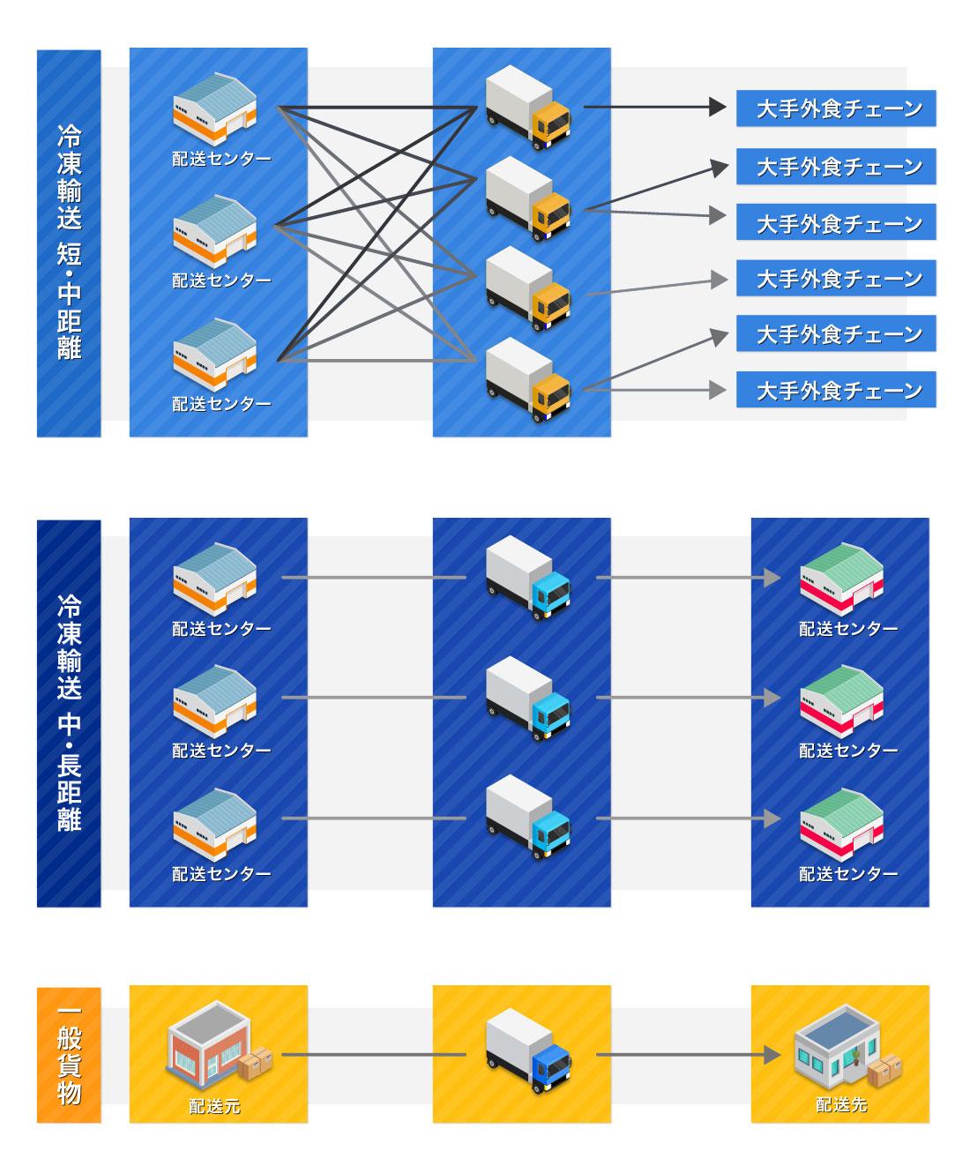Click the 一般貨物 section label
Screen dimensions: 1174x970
pyautogui.click(x=69, y=1054)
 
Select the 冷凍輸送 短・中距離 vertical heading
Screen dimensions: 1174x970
pyautogui.click(x=69, y=243)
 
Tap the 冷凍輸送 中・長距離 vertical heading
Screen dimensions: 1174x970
pyautogui.click(x=69, y=713)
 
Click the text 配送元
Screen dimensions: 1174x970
pyautogui.click(x=214, y=1105)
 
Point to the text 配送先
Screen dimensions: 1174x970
pyautogui.click(x=841, y=1104)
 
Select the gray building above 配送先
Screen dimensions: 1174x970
pyautogui.click(x=832, y=1053)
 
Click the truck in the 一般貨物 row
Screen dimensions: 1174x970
pyautogui.click(x=527, y=1053)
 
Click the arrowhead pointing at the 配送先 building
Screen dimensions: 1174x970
pyautogui.click(x=772, y=1054)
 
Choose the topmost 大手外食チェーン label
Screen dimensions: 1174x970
pyautogui.click(x=836, y=108)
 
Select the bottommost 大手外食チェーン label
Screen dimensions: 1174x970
pyautogui.click(x=836, y=390)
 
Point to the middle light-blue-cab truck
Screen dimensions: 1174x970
pyautogui.click(x=527, y=698)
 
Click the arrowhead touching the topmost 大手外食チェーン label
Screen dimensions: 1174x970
pyautogui.click(x=718, y=108)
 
